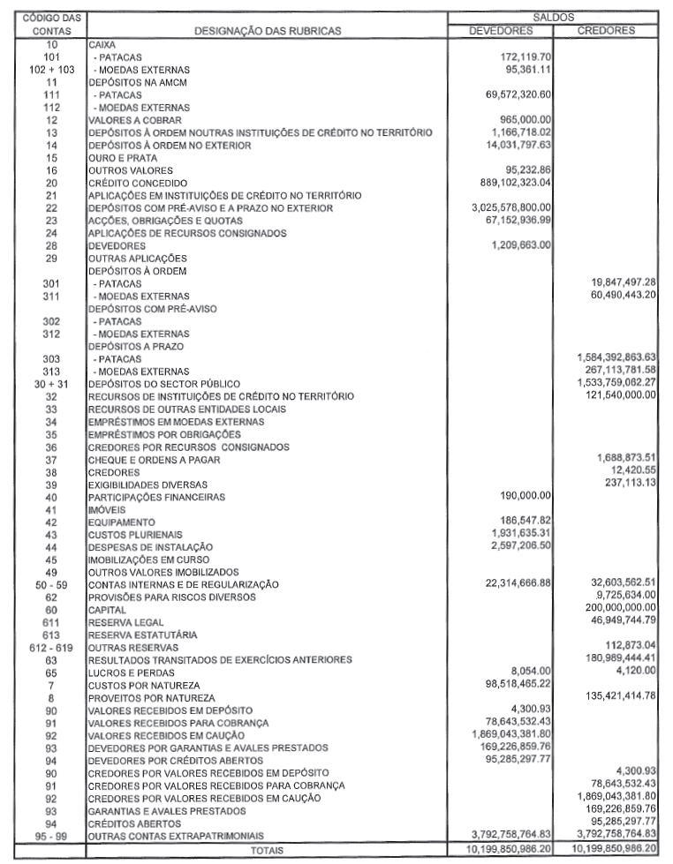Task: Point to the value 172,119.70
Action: [521, 56]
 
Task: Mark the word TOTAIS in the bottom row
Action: [267, 851]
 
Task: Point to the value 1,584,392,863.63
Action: [609, 359]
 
